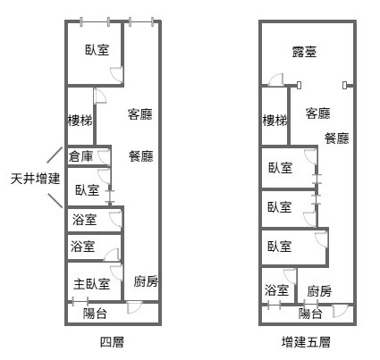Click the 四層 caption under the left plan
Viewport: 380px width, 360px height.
pos(112,342)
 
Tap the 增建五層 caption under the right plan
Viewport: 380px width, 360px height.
pos(306,342)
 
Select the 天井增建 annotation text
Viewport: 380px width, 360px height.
pos(36,179)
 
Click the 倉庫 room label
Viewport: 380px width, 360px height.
pos(80,156)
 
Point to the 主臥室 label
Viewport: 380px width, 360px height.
pos(92,284)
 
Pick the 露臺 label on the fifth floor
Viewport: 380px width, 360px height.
pos(304,52)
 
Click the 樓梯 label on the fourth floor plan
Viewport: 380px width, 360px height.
pos(80,121)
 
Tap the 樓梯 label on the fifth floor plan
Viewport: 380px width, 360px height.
pos(274,121)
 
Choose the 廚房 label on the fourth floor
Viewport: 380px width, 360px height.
pos(146,281)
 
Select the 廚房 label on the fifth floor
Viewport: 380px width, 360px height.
pos(319,291)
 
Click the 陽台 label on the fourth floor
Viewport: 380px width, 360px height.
pos(95,314)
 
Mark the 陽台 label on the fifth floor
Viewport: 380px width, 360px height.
pos(310,314)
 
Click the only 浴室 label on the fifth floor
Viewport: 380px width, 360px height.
pos(276,289)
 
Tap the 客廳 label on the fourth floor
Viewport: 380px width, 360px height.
pos(140,114)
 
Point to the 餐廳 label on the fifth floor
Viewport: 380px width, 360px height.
pos(337,138)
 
